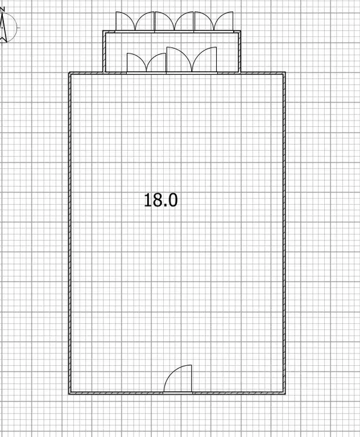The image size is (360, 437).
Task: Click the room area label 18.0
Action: click(161, 200)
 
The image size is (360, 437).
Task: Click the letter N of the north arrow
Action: click(3, 10)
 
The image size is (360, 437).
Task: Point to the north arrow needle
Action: click(3, 28)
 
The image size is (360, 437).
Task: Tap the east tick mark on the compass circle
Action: click(18, 27)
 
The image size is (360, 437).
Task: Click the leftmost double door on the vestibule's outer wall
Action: click(135, 22)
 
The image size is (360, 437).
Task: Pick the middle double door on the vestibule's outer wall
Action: click(175, 22)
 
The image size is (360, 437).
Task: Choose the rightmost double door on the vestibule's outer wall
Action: click(214, 22)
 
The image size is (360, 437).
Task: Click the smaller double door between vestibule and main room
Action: click(146, 63)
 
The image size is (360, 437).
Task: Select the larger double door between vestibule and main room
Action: click(192, 61)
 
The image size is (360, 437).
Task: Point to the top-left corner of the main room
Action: click(70, 73)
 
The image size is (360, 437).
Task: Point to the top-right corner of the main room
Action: click(284, 73)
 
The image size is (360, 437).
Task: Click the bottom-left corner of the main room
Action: click(70, 393)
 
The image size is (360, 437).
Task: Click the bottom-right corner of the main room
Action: click(284, 393)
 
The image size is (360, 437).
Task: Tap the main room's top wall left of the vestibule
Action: click(86, 73)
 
